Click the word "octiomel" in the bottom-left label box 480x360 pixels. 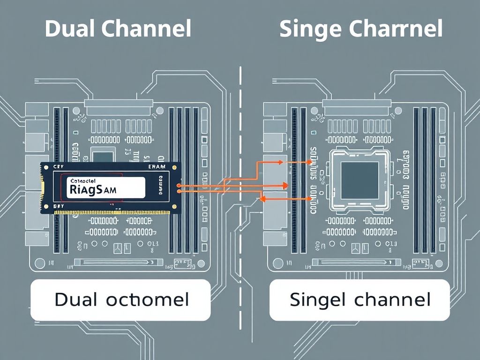[147, 299]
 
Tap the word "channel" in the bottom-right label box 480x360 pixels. [392, 299]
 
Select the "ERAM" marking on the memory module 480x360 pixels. [157, 167]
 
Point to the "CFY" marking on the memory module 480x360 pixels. [59, 167]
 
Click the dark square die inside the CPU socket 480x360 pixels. [360, 180]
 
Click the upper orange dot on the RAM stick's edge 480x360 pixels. [179, 186]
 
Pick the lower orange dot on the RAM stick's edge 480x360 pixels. [179, 191]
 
